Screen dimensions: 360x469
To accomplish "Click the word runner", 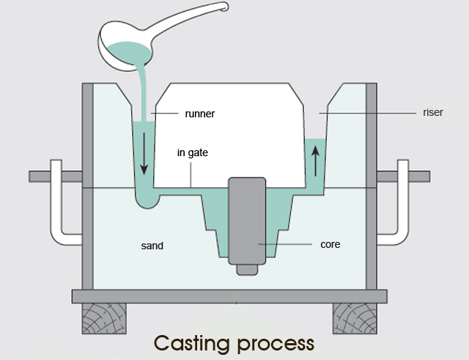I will (200, 114).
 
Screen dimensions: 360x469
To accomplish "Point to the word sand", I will (152, 245).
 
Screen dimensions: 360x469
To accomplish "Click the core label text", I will (330, 244).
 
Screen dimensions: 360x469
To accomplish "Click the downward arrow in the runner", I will (144, 155).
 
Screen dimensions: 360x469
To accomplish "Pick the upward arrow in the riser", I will (316, 159).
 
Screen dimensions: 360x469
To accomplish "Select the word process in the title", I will (278, 343).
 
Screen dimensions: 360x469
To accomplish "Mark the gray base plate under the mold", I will (229, 296).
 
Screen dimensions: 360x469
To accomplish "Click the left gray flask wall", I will (87, 183).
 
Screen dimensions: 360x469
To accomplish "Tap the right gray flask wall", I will (371, 183).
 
